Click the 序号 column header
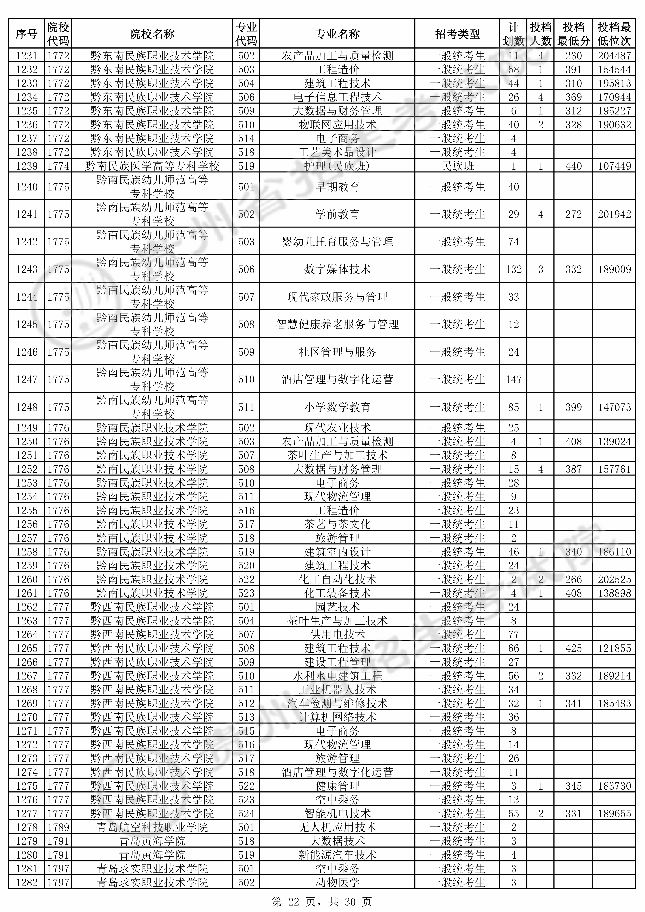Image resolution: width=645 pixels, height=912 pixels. coord(26,34)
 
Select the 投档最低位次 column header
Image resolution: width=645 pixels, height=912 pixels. coord(614,34)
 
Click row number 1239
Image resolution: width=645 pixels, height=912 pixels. coord(26,166)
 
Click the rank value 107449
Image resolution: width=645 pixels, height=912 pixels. coord(614,166)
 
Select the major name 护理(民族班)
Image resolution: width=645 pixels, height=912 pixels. coord(337,166)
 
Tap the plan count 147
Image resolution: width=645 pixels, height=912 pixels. coord(514,379)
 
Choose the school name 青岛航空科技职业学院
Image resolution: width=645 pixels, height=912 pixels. coord(152,827)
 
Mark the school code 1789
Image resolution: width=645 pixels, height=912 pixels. coord(58,827)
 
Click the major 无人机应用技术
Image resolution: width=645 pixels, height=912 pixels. coord(337,827)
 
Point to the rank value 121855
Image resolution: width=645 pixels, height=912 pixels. coord(614,648)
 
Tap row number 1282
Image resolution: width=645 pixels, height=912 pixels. coord(26,883)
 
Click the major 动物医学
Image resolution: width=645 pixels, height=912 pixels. coord(337,883)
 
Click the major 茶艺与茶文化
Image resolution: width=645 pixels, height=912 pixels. coord(337,524)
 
